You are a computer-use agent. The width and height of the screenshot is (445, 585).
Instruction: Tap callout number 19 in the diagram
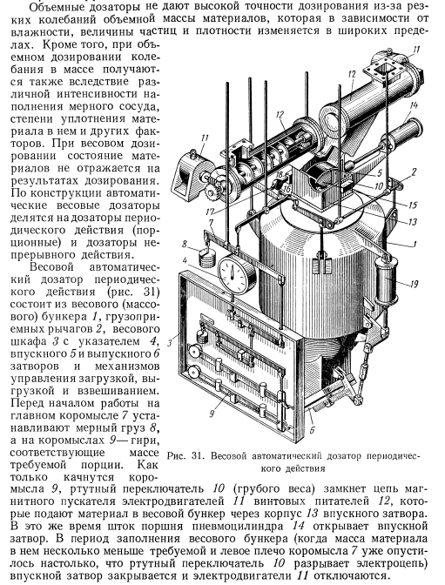(414, 285)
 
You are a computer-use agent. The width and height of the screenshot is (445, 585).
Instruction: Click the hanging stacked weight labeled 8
(206, 258)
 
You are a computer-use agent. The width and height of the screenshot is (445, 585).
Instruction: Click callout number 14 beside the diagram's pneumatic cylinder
(413, 105)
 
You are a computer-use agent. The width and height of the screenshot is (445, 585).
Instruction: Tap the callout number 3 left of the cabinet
(170, 342)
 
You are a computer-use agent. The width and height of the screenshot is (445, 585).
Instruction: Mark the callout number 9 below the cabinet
(212, 414)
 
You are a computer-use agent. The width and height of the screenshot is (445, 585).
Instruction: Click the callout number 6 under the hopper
(312, 430)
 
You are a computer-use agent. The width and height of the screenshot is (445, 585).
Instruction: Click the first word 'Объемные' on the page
(52, 7)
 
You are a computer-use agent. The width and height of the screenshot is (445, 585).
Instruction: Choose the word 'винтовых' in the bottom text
(275, 501)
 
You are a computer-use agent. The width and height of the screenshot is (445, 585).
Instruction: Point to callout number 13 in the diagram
(412, 222)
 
